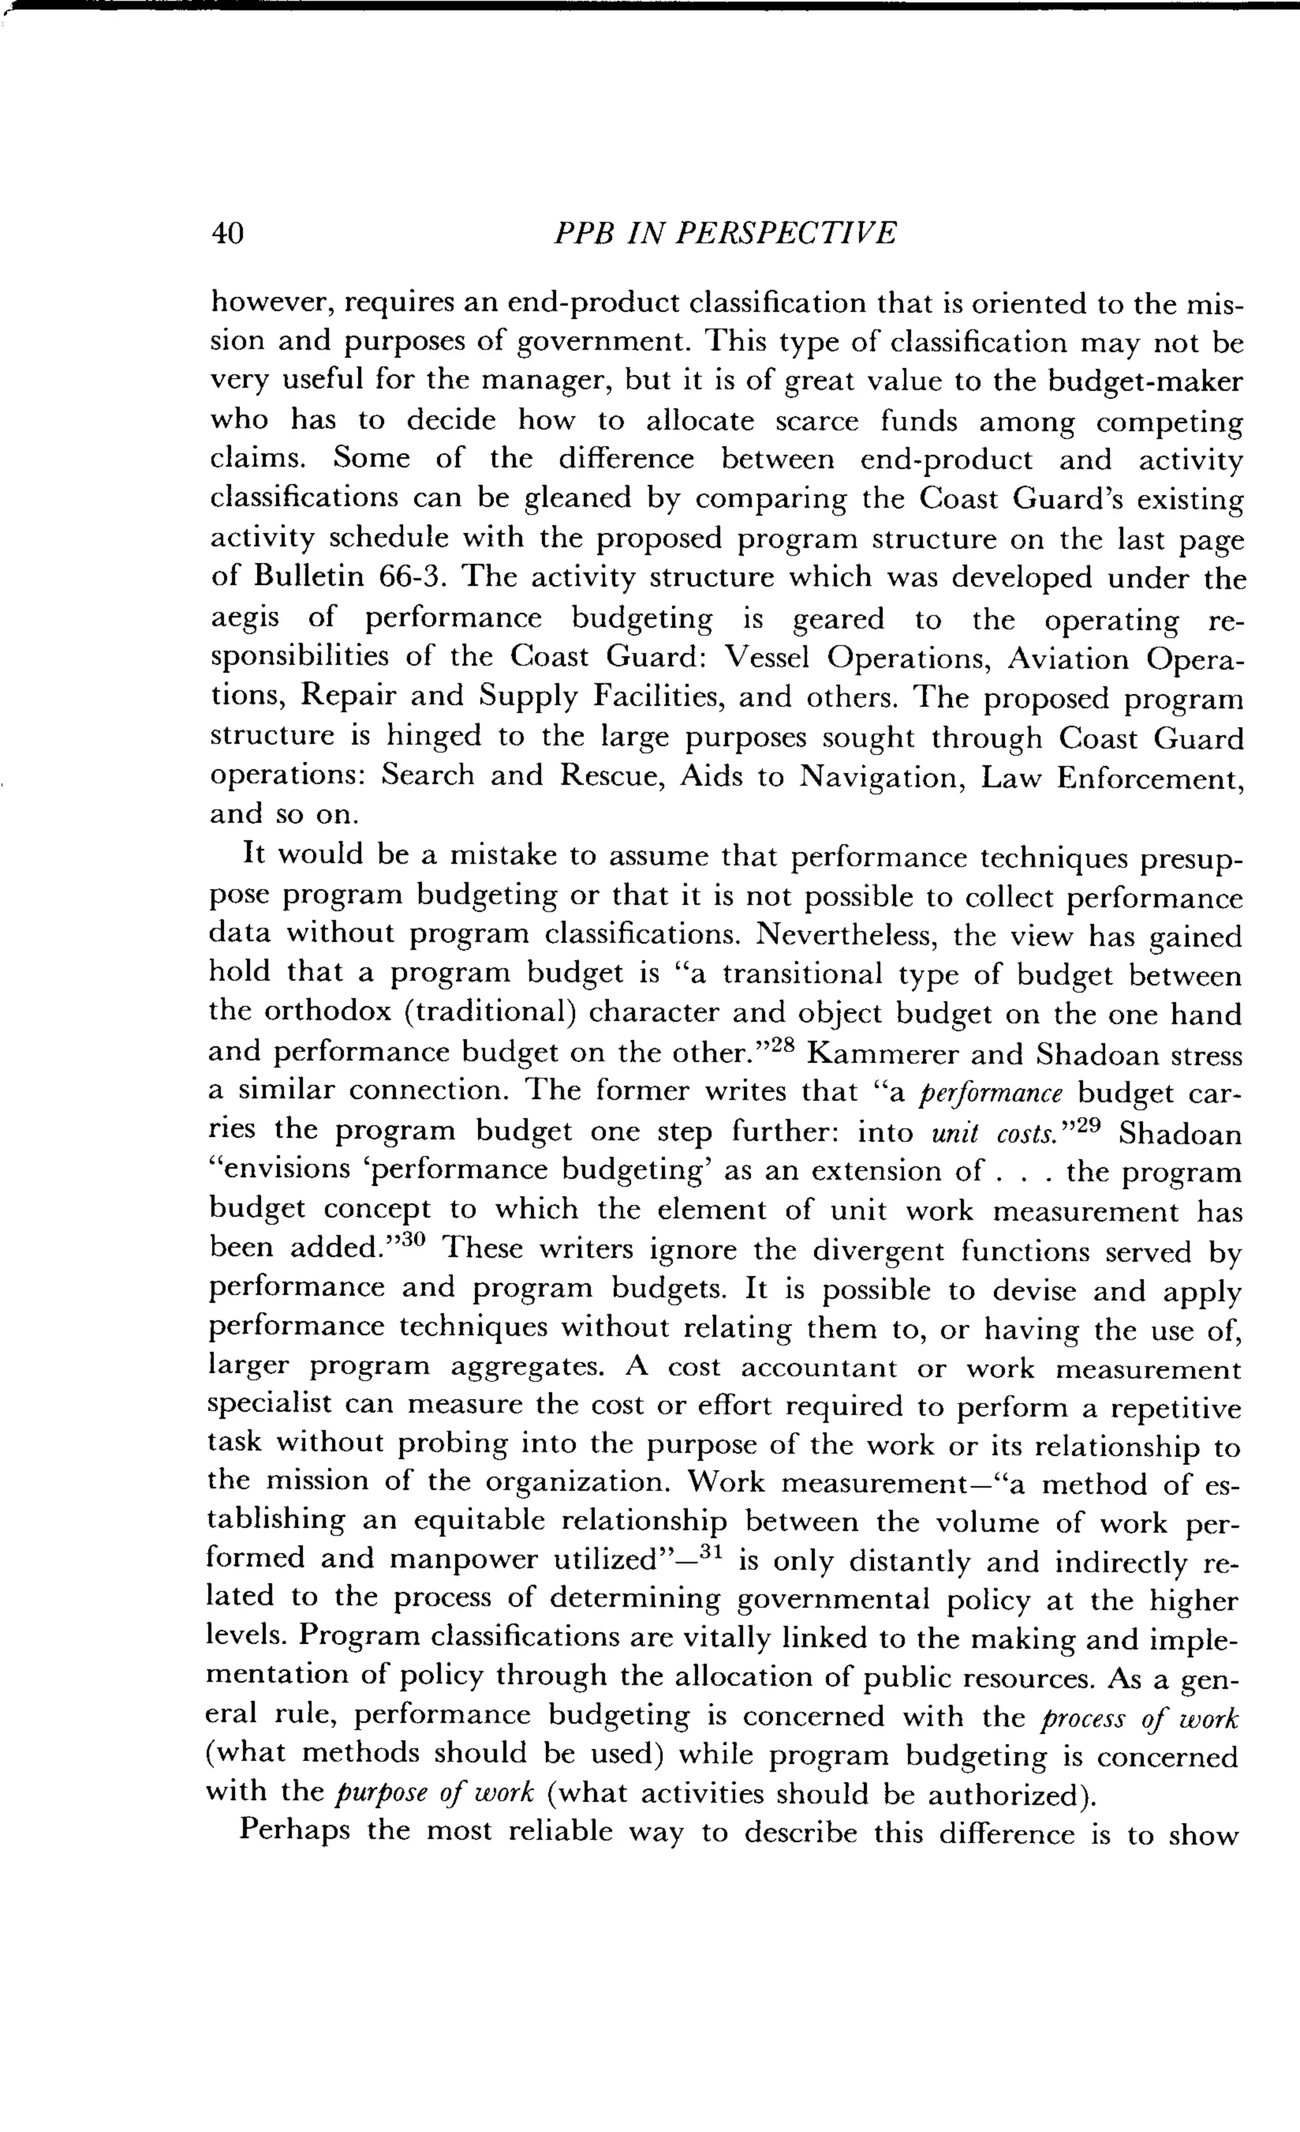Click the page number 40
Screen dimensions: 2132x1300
229,234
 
